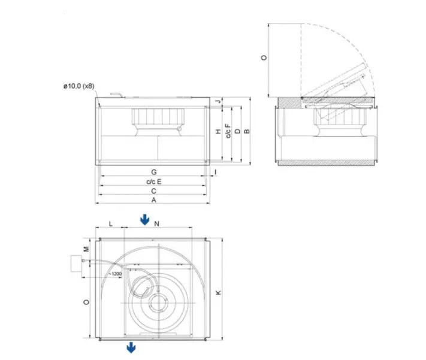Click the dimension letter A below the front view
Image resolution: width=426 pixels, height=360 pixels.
[x=154, y=199]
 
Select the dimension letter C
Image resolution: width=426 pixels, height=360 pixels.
[x=154, y=190]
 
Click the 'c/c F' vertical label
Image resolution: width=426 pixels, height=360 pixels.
[x=228, y=132]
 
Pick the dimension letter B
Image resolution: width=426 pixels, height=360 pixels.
[x=246, y=131]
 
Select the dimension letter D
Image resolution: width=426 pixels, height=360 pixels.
[x=237, y=131]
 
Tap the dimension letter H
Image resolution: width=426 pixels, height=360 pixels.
[x=219, y=132]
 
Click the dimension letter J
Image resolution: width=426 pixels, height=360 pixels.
[x=219, y=101]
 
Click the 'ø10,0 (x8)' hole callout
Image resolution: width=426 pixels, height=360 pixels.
[x=79, y=87]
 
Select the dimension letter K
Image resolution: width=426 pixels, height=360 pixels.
[x=219, y=292]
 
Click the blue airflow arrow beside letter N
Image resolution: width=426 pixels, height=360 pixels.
[x=144, y=220]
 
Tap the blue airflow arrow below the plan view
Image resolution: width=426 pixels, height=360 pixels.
[x=129, y=348]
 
